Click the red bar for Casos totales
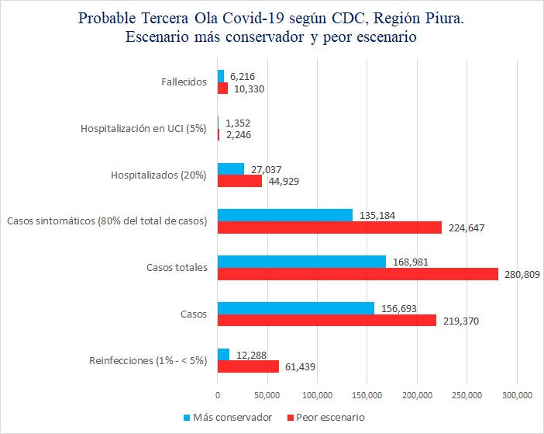click(x=357, y=274)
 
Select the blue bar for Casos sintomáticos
click(x=284, y=215)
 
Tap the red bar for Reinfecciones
click(x=248, y=366)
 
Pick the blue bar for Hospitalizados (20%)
click(x=231, y=169)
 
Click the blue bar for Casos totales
click(x=301, y=262)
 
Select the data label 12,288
click(x=252, y=355)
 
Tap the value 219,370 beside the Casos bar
click(x=460, y=321)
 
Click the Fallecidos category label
click(x=184, y=82)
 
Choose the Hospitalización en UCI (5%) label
click(x=143, y=129)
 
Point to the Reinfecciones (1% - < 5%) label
click(x=148, y=360)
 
